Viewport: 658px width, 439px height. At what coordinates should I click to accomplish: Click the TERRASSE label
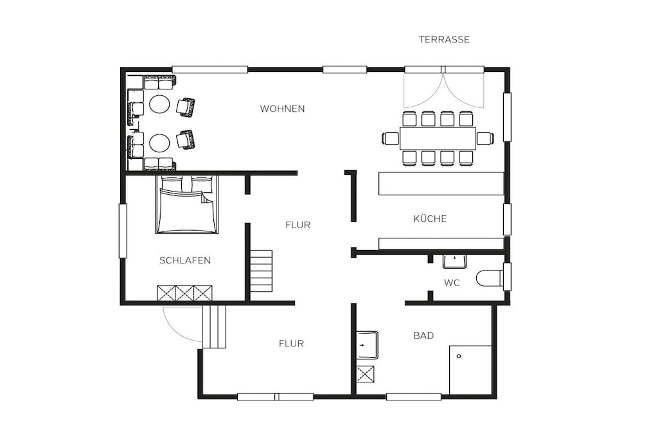pos(444,39)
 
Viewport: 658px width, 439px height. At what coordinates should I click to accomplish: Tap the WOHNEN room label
pos(283,109)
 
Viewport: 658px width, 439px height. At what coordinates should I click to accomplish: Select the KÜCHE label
pos(430,219)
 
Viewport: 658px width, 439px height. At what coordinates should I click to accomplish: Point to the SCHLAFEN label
pos(185,260)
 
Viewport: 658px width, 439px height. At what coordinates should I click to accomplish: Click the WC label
pos(452,283)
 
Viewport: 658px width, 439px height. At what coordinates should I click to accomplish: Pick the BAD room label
pos(423,336)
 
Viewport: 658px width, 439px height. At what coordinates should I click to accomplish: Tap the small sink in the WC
pos(454,261)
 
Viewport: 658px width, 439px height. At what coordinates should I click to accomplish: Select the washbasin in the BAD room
pos(367,345)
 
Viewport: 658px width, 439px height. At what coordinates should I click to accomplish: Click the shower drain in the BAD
pos(459,356)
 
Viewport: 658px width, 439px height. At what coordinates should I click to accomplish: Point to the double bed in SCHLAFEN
pos(187,204)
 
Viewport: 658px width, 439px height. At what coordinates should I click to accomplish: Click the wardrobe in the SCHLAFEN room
pos(184,293)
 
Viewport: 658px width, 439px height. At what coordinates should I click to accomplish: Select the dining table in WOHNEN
pos(438,138)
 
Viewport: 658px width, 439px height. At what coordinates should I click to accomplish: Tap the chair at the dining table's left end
pos(391,138)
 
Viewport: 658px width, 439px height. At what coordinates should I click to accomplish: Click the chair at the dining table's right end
pos(485,138)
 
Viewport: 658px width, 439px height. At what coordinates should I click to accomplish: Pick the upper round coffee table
pos(160,103)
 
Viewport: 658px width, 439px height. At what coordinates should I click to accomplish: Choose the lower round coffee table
pos(160,143)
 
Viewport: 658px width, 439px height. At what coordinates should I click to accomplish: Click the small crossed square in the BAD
pos(365,374)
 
